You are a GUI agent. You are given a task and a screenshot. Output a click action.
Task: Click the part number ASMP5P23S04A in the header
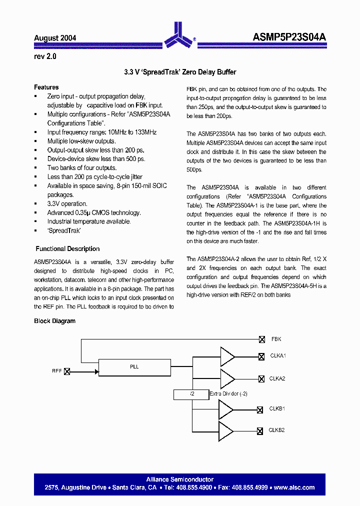[289, 37]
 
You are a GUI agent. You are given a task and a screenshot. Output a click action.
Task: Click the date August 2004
[55, 38]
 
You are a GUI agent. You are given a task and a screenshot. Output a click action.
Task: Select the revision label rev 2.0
[45, 56]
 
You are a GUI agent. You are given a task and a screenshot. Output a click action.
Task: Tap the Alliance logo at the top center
[179, 34]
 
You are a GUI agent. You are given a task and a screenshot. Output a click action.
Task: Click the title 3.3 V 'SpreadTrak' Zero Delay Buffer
[180, 72]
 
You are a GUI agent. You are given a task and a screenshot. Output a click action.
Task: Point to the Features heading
[46, 87]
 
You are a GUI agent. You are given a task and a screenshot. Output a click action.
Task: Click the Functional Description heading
[67, 249]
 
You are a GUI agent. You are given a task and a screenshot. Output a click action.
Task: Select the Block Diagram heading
[54, 321]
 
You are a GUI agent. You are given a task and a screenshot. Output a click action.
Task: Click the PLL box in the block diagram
[134, 367]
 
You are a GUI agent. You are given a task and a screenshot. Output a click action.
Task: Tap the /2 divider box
[191, 394]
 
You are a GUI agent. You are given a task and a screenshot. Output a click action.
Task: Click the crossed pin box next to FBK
[261, 339]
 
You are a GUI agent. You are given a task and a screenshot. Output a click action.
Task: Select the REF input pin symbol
[67, 371]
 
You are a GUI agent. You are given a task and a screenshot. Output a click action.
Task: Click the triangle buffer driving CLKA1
[227, 356]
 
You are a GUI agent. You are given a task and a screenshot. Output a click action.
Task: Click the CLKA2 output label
[277, 378]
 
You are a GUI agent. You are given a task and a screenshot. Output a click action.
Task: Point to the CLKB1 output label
[277, 409]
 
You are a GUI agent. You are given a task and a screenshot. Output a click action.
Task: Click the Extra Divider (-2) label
[228, 394]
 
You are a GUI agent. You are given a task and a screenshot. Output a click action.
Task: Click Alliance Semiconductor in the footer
[180, 479]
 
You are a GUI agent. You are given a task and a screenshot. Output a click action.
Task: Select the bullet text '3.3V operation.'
[67, 204]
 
